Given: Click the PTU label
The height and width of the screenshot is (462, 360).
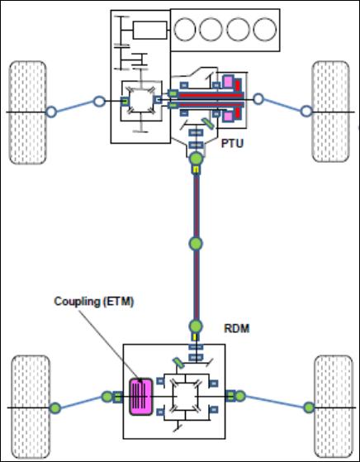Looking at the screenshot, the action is pyautogui.click(x=232, y=144).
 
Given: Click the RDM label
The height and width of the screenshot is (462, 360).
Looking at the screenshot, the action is pyautogui.click(x=237, y=328).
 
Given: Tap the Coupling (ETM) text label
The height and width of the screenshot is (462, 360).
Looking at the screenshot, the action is pyautogui.click(x=94, y=302).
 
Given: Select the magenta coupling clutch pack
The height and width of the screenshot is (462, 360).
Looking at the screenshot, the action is pyautogui.click(x=141, y=397).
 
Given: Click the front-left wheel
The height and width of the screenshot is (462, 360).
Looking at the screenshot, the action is pyautogui.click(x=28, y=112).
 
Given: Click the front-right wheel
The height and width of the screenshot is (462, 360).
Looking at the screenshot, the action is pyautogui.click(x=330, y=112).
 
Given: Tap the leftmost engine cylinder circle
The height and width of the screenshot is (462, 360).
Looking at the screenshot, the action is pyautogui.click(x=185, y=30).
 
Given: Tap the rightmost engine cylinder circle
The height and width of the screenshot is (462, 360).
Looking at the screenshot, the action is pyautogui.click(x=265, y=30).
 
